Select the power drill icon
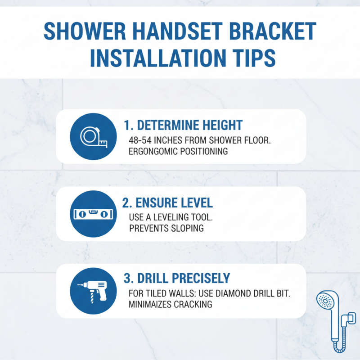tap(92, 290)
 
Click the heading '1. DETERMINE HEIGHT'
tap(183, 125)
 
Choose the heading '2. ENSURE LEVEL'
tap(167, 202)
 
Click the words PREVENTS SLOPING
tap(166, 228)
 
